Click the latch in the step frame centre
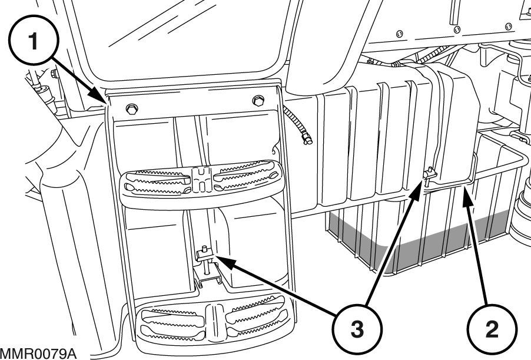204,255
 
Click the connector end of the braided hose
306,138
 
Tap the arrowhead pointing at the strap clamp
422,182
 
